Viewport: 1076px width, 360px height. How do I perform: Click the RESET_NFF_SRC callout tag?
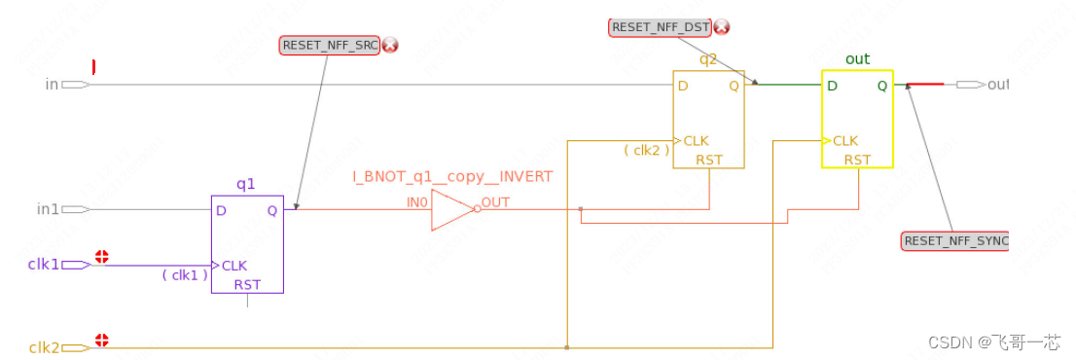pos(329,45)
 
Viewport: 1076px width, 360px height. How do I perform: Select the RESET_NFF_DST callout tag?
pos(661,27)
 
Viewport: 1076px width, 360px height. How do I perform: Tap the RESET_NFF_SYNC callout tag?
pos(955,240)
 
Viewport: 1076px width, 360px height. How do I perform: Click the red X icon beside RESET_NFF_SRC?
pos(390,45)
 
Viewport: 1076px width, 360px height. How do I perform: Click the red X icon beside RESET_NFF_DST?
pos(722,27)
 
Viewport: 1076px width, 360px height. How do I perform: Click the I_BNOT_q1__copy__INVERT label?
pos(452,176)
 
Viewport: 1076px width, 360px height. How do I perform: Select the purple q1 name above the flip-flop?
pos(246,184)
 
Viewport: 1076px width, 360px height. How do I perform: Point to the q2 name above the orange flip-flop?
pos(708,59)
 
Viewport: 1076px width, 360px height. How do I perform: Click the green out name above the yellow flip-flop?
pos(857,59)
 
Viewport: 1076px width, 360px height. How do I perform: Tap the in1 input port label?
pos(48,209)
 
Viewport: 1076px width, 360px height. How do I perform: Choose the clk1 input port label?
pos(44,264)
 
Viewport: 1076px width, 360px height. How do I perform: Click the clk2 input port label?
pos(44,347)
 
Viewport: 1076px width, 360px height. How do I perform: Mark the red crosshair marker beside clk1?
pos(101,258)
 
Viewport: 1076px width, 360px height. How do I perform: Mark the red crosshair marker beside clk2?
pos(101,342)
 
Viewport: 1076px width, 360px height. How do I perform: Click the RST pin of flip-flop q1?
pos(247,285)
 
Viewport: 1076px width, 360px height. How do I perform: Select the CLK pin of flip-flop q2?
pos(696,140)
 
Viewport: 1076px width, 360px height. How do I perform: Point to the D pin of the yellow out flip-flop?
pos(833,86)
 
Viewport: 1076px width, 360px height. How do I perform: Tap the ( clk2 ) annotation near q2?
pos(645,150)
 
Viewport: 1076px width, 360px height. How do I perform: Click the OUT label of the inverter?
pos(495,202)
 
